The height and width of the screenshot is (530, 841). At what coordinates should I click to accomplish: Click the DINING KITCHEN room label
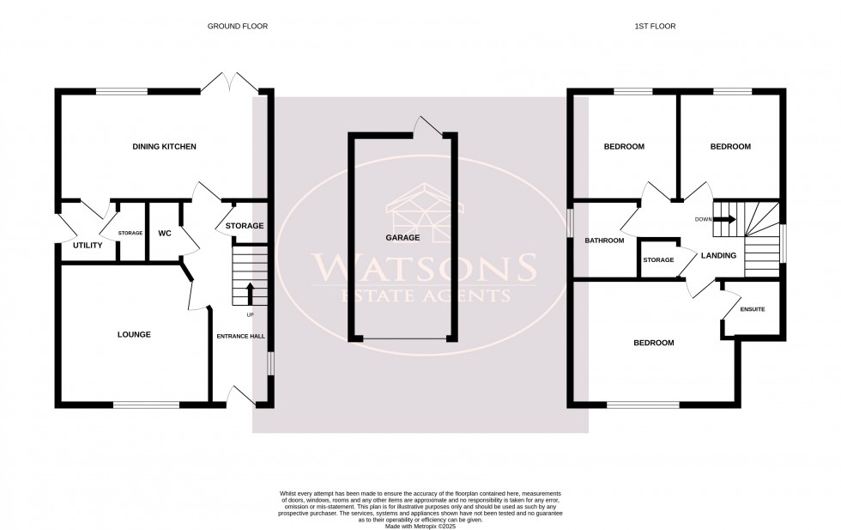pos(165,147)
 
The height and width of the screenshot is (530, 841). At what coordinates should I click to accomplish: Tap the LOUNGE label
pos(134,334)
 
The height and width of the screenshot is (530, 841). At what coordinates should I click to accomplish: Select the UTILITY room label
pos(88,246)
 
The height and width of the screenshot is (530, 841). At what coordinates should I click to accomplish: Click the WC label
pos(166,233)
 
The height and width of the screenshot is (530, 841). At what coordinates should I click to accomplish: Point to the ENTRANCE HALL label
pos(238,335)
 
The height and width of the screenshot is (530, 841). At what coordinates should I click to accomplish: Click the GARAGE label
pos(402,237)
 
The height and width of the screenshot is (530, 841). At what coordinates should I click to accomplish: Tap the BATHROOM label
pos(604,241)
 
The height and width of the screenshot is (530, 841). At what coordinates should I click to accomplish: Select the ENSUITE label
pos(752,309)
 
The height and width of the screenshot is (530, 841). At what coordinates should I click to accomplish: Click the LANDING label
pos(718,256)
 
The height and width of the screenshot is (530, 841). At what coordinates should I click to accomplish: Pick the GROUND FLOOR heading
pos(238,27)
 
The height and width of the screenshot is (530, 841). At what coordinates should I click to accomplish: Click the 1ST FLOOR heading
pos(655,27)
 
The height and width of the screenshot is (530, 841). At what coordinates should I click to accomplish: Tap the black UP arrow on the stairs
pos(250,293)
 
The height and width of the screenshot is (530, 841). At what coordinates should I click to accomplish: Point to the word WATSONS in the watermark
pos(424,268)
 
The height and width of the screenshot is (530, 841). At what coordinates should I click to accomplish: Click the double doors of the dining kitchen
pos(229,83)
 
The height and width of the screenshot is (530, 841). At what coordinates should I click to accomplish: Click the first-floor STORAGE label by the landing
pos(658,259)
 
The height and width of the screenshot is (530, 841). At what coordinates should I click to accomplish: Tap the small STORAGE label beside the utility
pos(130,233)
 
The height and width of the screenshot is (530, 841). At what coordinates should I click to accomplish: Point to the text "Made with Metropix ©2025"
pos(420,526)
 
